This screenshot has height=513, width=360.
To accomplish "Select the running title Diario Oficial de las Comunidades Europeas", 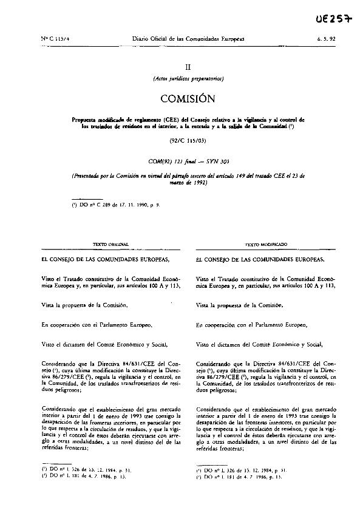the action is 188,38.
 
